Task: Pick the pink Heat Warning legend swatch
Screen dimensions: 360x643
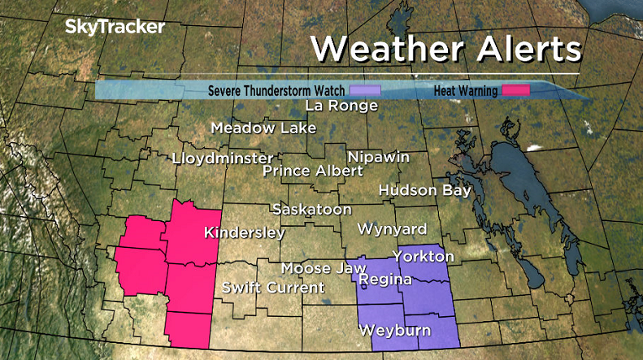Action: point(515,90)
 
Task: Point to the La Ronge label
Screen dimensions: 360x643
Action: point(341,106)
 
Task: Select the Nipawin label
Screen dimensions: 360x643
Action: point(378,157)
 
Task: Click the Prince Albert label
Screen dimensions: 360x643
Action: point(313,171)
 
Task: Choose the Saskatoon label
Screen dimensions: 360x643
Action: point(312,210)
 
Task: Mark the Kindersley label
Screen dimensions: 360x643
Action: point(244,233)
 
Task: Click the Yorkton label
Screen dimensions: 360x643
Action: point(423,256)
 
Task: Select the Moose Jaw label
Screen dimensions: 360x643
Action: point(318,268)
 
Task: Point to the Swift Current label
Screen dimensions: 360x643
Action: point(273,288)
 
